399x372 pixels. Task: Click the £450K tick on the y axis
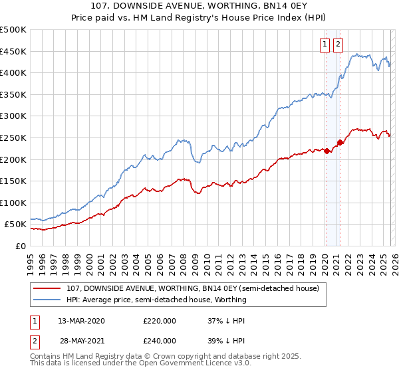(13, 51)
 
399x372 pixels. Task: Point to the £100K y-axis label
(13, 203)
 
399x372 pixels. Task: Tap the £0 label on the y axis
(21, 246)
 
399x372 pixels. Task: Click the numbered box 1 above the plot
(325, 45)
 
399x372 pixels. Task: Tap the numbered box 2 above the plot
(338, 45)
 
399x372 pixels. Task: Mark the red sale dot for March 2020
(327, 151)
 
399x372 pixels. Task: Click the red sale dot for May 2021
(340, 142)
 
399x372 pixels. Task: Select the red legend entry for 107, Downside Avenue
(193, 288)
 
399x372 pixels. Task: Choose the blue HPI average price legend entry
(156, 300)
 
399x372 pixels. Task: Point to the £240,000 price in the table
(159, 340)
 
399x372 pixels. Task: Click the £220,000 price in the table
(159, 321)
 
